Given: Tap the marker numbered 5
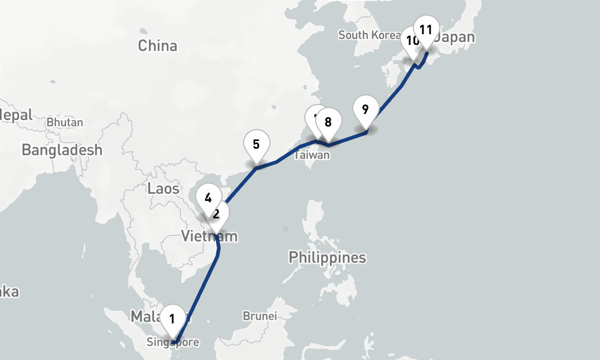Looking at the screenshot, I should pos(256,145).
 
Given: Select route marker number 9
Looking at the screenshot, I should pos(365,110).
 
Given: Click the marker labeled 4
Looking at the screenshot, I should pos(208,197).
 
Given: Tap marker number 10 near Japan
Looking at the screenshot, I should pos(411,41).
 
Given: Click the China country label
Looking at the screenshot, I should pos(158,46).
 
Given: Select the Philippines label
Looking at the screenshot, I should pos(327,258).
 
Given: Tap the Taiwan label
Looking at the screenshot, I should pos(312,155).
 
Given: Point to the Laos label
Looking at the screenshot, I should pos(163,188).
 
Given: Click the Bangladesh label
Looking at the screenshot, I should pos(62,150).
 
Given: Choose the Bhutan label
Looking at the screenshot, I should pos(65,122).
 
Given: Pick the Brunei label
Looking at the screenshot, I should pos(260,316).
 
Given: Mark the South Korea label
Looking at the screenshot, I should pos(369,35).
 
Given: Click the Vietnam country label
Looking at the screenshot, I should pos(209,237).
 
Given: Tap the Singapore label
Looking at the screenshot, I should pos(173,343).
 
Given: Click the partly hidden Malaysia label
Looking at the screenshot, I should pos(145,316).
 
